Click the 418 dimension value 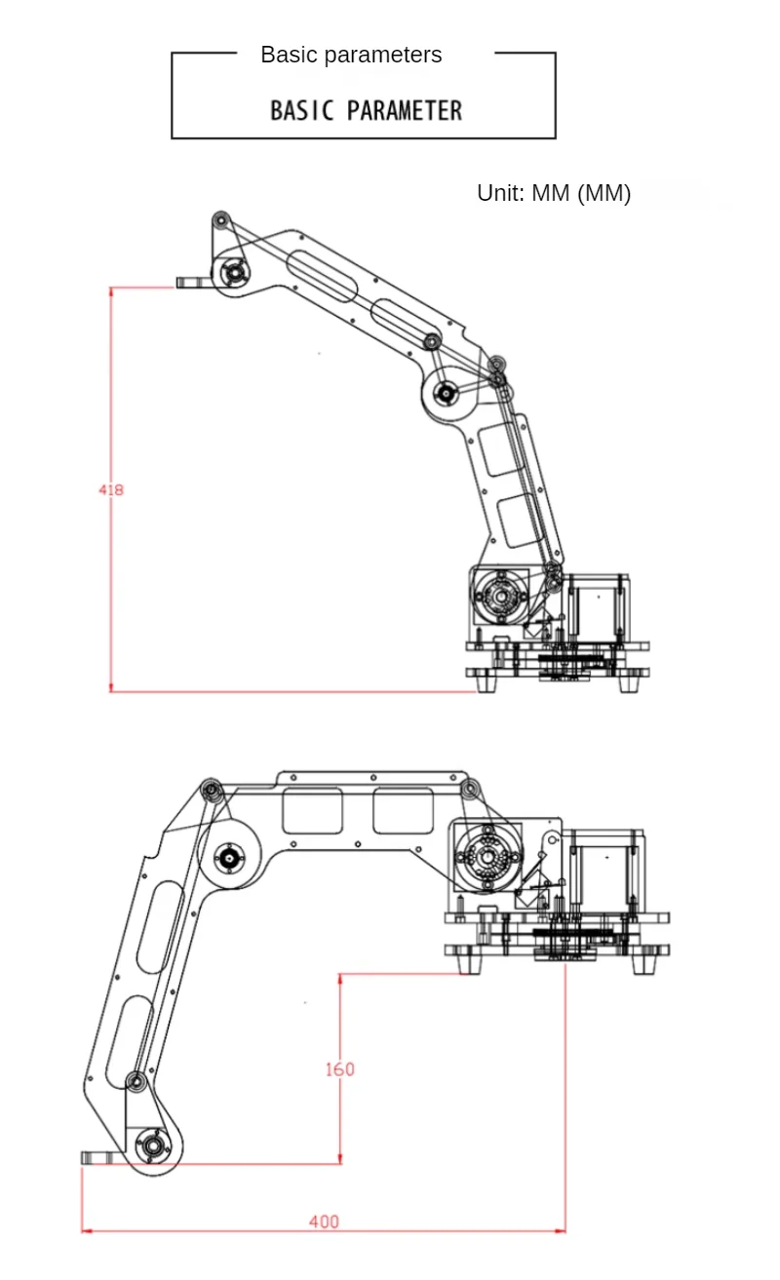point(111,489)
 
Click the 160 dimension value point(339,1069)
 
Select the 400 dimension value point(324,1222)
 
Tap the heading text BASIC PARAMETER point(366,110)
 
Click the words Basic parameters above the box point(351,55)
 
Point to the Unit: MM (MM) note point(554,193)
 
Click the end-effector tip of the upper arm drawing point(186,283)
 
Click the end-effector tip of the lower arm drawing point(94,1157)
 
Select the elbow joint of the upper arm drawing point(446,394)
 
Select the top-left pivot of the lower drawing point(210,789)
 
